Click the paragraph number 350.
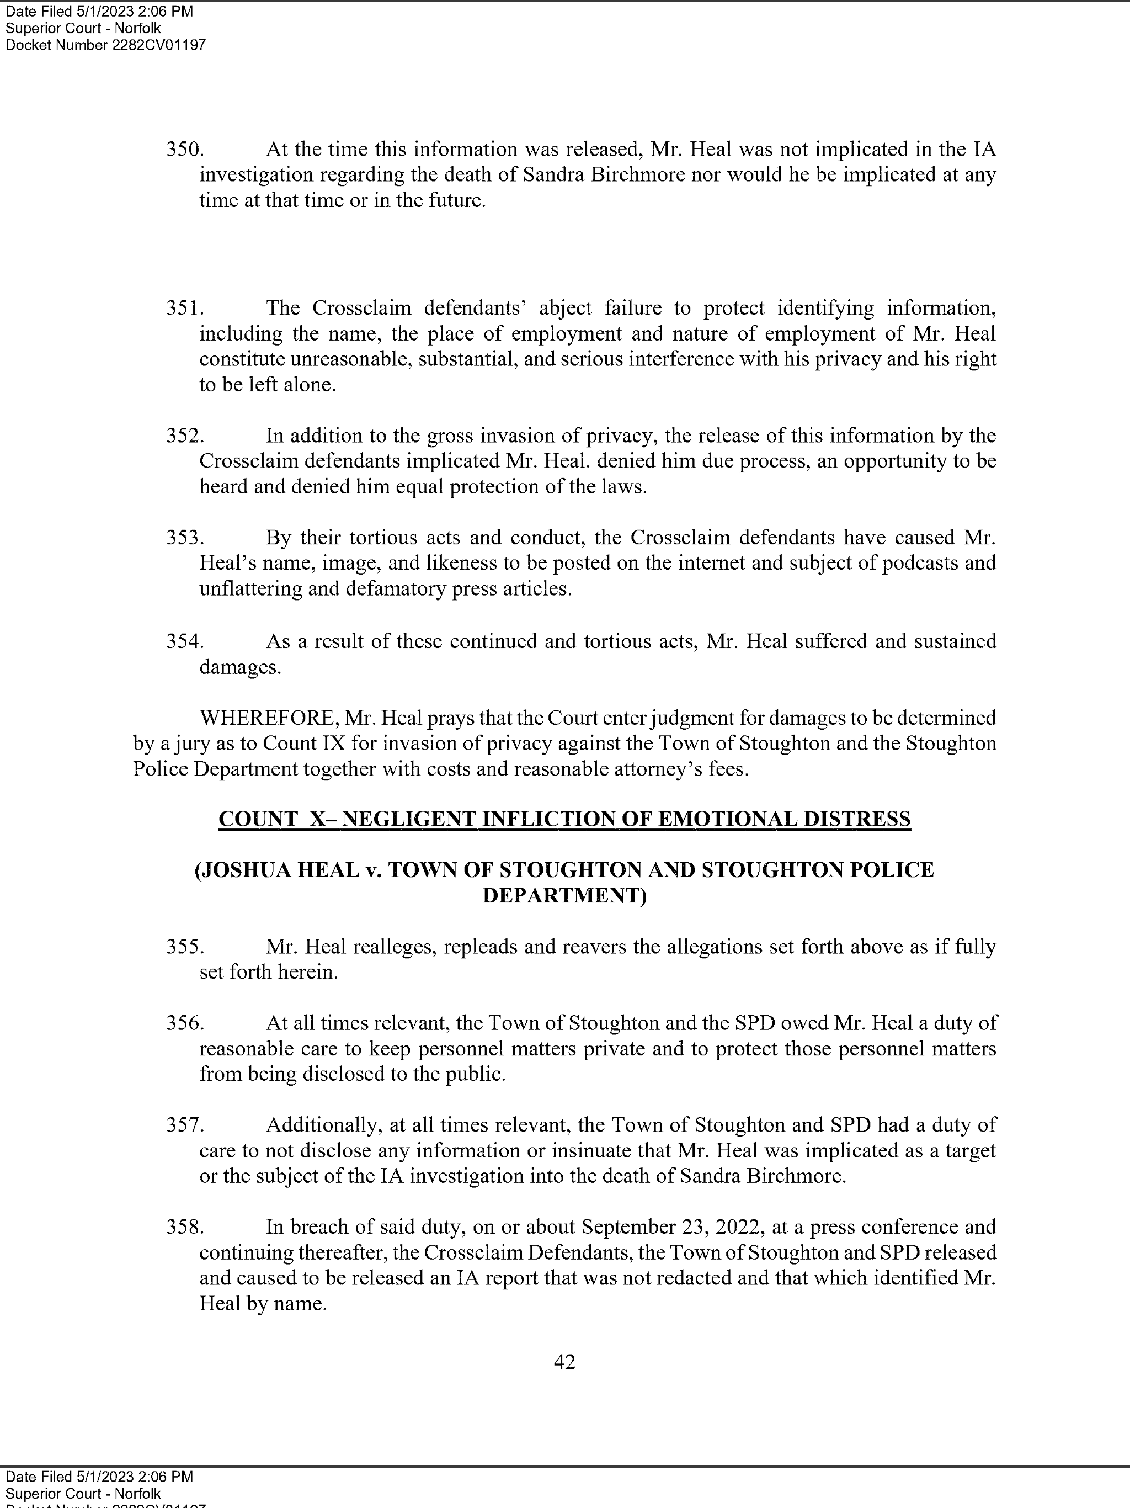(x=185, y=149)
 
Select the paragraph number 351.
(x=185, y=308)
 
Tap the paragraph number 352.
(x=185, y=436)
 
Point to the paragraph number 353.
(x=185, y=538)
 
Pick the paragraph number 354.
(x=185, y=641)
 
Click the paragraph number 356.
(x=185, y=1023)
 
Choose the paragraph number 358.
(x=185, y=1227)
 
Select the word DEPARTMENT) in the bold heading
(x=564, y=895)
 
